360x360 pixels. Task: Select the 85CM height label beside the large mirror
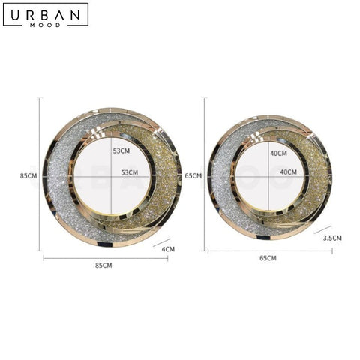click(x=28, y=176)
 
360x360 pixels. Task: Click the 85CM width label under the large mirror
click(x=103, y=265)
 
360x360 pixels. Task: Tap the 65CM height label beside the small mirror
click(x=193, y=176)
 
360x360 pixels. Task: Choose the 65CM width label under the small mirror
click(x=268, y=258)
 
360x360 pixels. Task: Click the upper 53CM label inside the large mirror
click(x=121, y=151)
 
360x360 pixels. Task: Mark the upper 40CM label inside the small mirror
click(x=278, y=153)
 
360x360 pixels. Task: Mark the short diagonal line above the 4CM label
click(x=162, y=241)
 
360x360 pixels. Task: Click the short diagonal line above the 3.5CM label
click(x=322, y=229)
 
